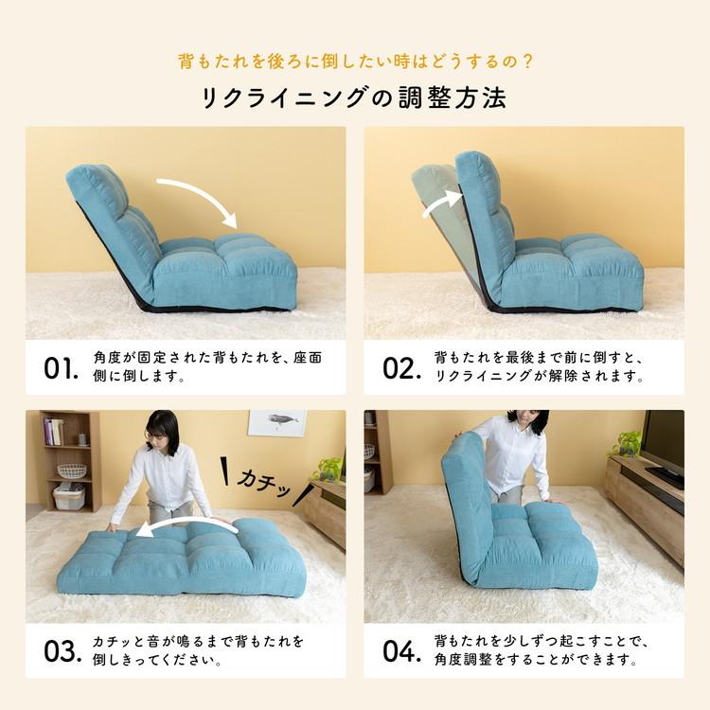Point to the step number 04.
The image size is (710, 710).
pos(400,651)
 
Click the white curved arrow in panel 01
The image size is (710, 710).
pos(199,196)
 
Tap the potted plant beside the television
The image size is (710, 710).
pos(628,442)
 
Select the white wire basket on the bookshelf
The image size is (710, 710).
pos(71,470)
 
